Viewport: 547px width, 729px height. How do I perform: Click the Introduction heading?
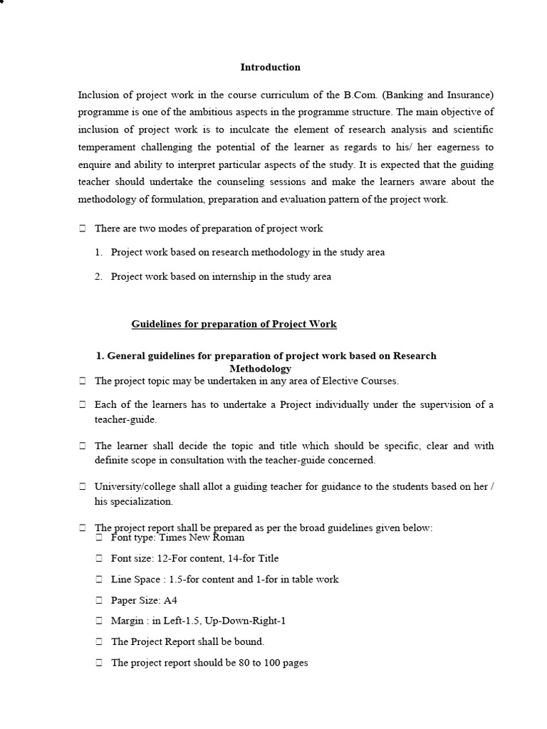click(270, 68)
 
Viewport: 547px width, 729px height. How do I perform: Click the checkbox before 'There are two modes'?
click(83, 229)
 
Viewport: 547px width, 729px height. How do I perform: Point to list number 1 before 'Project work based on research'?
click(98, 253)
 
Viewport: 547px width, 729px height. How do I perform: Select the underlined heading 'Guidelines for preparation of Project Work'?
click(234, 325)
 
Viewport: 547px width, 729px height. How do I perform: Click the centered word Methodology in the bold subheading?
click(260, 369)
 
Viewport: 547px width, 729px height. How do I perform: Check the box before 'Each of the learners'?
click(83, 405)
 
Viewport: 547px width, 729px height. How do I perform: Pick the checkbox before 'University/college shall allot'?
click(83, 487)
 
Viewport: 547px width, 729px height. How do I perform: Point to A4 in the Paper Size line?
click(170, 601)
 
